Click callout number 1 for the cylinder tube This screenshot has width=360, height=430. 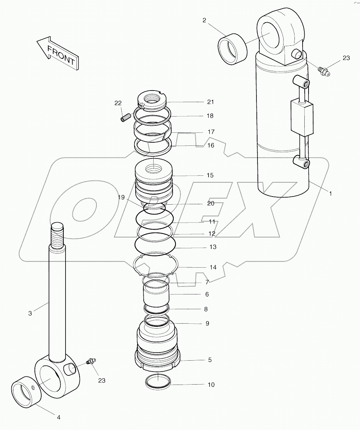(330, 193)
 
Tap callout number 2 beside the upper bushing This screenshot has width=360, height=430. (204, 20)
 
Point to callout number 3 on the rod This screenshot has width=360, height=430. (30, 313)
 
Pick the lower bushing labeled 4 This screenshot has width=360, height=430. (25, 392)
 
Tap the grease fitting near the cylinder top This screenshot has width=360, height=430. (324, 71)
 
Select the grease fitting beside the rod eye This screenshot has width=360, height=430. (91, 362)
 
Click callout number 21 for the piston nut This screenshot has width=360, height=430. (210, 102)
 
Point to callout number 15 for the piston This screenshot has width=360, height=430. (210, 175)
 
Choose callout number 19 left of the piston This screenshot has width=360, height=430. (121, 198)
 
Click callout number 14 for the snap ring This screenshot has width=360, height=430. (213, 267)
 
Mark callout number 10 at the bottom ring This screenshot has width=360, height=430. (211, 385)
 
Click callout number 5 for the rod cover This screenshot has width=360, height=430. (210, 360)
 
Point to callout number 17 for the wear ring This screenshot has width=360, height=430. (211, 132)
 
